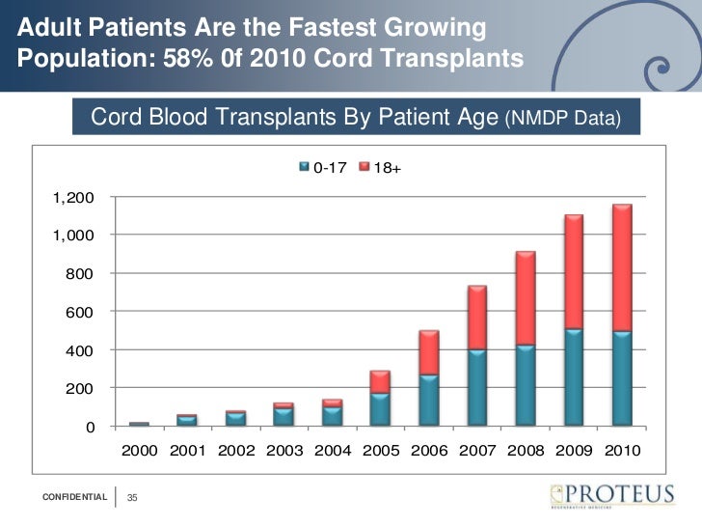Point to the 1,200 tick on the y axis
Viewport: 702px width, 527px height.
tap(73, 198)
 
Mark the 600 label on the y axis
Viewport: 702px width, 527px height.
tap(81, 312)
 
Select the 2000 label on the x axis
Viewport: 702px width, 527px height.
tap(139, 451)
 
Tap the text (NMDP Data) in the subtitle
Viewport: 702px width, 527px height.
tap(571, 119)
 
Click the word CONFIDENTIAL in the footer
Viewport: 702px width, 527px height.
tap(74, 497)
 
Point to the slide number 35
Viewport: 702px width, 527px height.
tap(133, 497)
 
